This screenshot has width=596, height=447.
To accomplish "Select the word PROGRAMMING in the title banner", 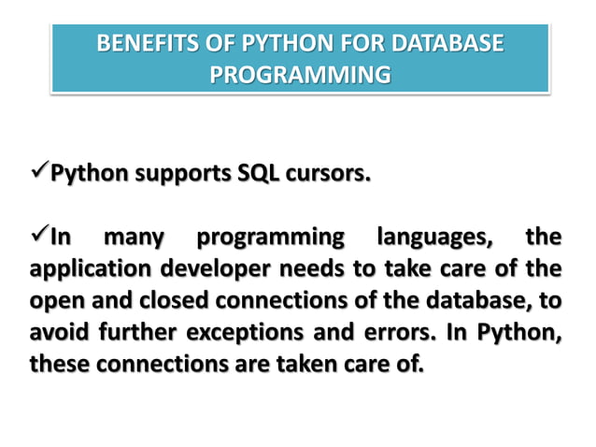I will [x=300, y=74].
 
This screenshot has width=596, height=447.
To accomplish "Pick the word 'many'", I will [x=135, y=238].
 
